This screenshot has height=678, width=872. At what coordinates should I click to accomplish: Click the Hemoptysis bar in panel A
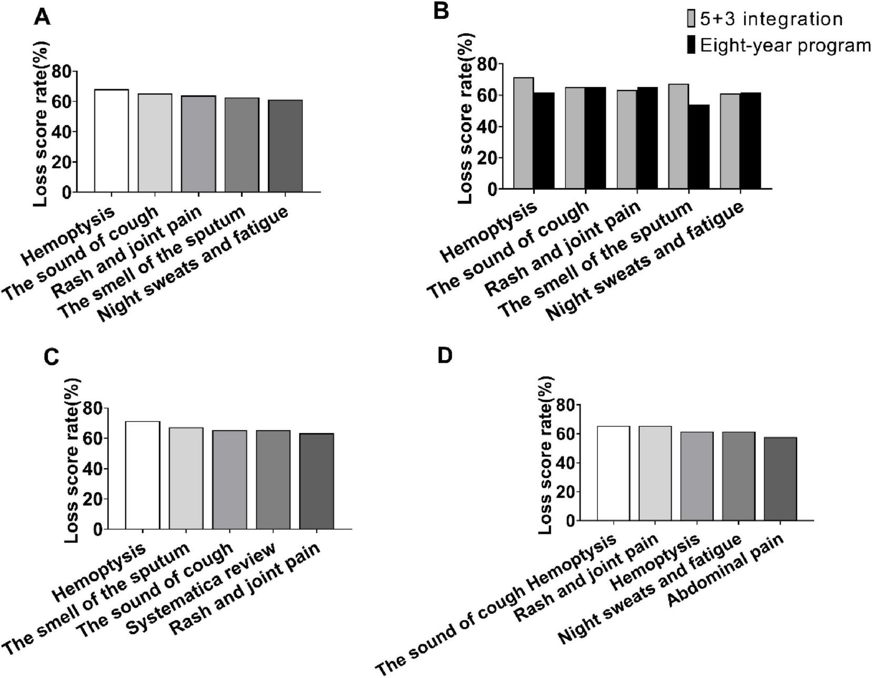click(x=111, y=141)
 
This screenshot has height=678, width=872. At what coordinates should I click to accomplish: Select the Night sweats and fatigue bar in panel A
click(x=285, y=146)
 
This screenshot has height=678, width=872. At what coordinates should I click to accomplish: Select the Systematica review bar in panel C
click(x=273, y=480)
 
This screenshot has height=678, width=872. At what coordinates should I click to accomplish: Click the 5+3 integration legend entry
click(x=764, y=20)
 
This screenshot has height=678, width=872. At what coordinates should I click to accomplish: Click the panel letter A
click(x=42, y=17)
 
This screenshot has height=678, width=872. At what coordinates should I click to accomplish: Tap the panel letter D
click(x=445, y=356)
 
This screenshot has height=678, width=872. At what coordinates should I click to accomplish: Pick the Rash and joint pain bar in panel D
click(x=655, y=473)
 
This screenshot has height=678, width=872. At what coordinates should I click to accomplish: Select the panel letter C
click(x=51, y=357)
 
